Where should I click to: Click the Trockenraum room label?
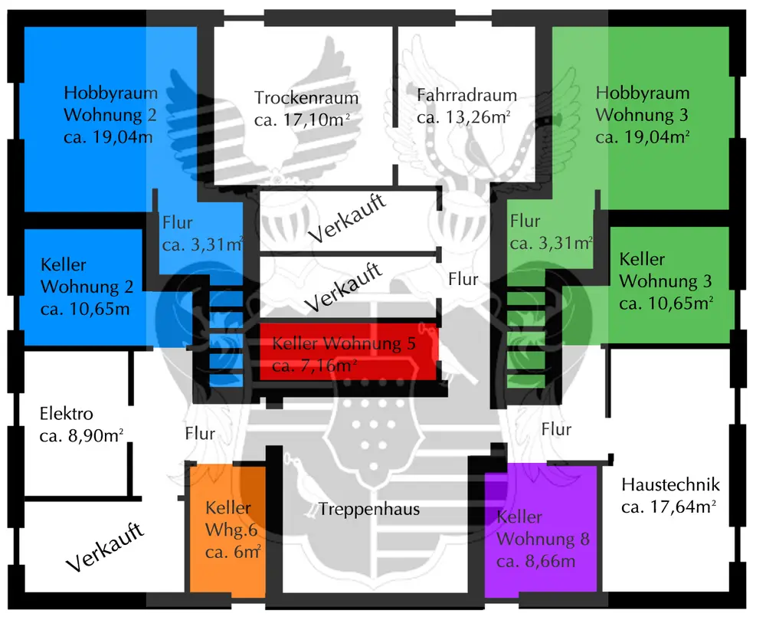[x=306, y=98]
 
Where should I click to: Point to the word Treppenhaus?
[x=369, y=509]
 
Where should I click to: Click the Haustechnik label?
[x=670, y=484]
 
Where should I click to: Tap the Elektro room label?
[x=66, y=415]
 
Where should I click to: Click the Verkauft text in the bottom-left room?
[x=105, y=548]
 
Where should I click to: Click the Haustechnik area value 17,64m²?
[x=669, y=507]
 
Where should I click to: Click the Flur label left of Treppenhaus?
[x=200, y=433]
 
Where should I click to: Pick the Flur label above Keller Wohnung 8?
[x=556, y=429]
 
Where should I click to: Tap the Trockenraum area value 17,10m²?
[x=306, y=120]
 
